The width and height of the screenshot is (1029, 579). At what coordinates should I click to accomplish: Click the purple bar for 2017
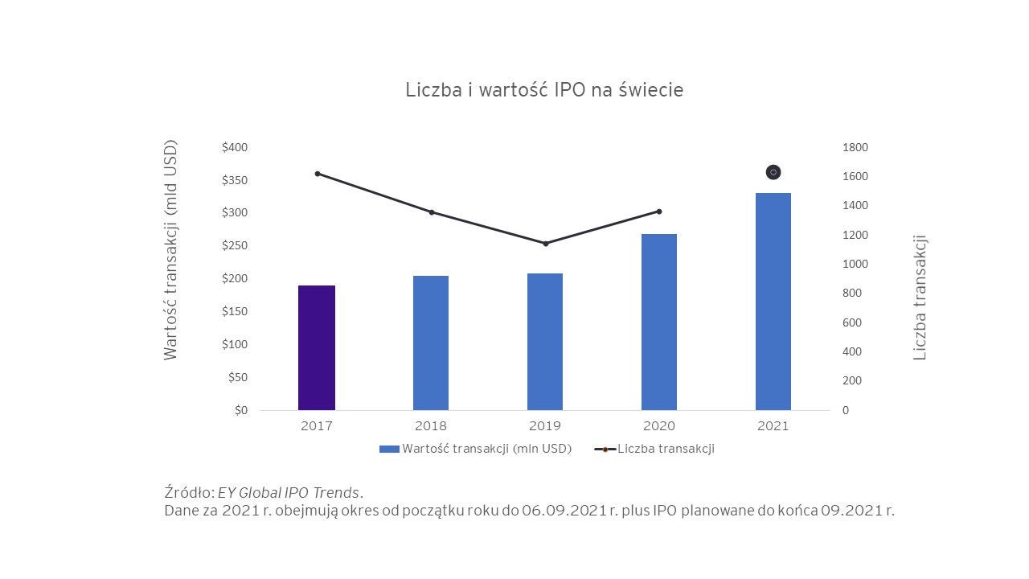[x=317, y=347]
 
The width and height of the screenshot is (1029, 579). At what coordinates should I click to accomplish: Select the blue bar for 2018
[x=431, y=343]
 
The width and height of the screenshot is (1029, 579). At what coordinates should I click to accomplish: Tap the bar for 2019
[x=545, y=342]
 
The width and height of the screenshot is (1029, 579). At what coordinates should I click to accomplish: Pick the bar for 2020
[x=659, y=322]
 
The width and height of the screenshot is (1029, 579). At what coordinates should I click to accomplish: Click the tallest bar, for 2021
[x=773, y=302]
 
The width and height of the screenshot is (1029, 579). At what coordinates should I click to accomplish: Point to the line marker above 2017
[x=318, y=174]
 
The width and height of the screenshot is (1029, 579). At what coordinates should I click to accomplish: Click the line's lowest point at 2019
[x=545, y=244]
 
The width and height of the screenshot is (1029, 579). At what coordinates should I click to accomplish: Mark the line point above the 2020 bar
[x=659, y=211]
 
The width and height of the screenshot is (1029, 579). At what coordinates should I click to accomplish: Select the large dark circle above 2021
[x=773, y=172]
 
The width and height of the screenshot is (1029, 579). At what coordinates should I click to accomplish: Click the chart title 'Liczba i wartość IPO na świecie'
[x=544, y=89]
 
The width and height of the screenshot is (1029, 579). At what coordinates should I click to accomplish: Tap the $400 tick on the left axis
[x=235, y=147]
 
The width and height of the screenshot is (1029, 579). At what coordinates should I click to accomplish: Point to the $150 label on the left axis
[x=235, y=311]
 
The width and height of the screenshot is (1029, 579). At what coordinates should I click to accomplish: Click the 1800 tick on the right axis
[x=855, y=147]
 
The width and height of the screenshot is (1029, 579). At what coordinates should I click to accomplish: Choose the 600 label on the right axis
[x=852, y=322]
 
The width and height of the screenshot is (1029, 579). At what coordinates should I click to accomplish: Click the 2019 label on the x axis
[x=545, y=426]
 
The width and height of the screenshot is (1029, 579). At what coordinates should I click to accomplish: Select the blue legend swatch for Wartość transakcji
[x=389, y=449]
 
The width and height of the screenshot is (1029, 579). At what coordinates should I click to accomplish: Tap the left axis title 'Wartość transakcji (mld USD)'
[x=170, y=250]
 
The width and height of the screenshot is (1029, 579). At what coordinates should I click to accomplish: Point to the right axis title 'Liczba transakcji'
[x=920, y=298]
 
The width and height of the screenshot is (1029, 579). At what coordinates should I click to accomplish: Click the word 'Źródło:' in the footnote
[x=189, y=492]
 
